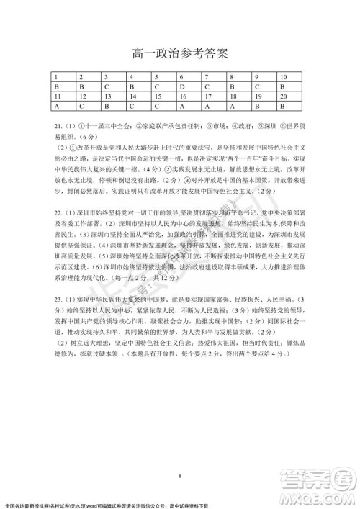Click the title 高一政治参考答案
point(180,53)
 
